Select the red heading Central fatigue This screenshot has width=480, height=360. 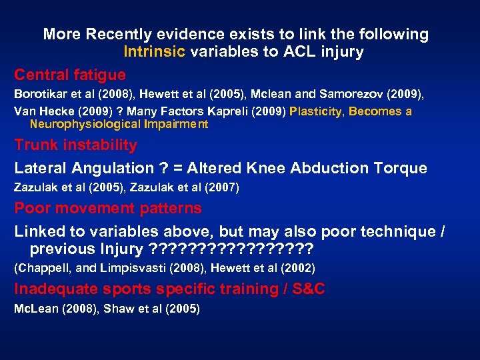70,74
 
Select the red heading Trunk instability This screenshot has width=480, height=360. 76,145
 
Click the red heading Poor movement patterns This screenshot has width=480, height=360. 108,208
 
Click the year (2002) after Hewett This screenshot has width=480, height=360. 297,269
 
